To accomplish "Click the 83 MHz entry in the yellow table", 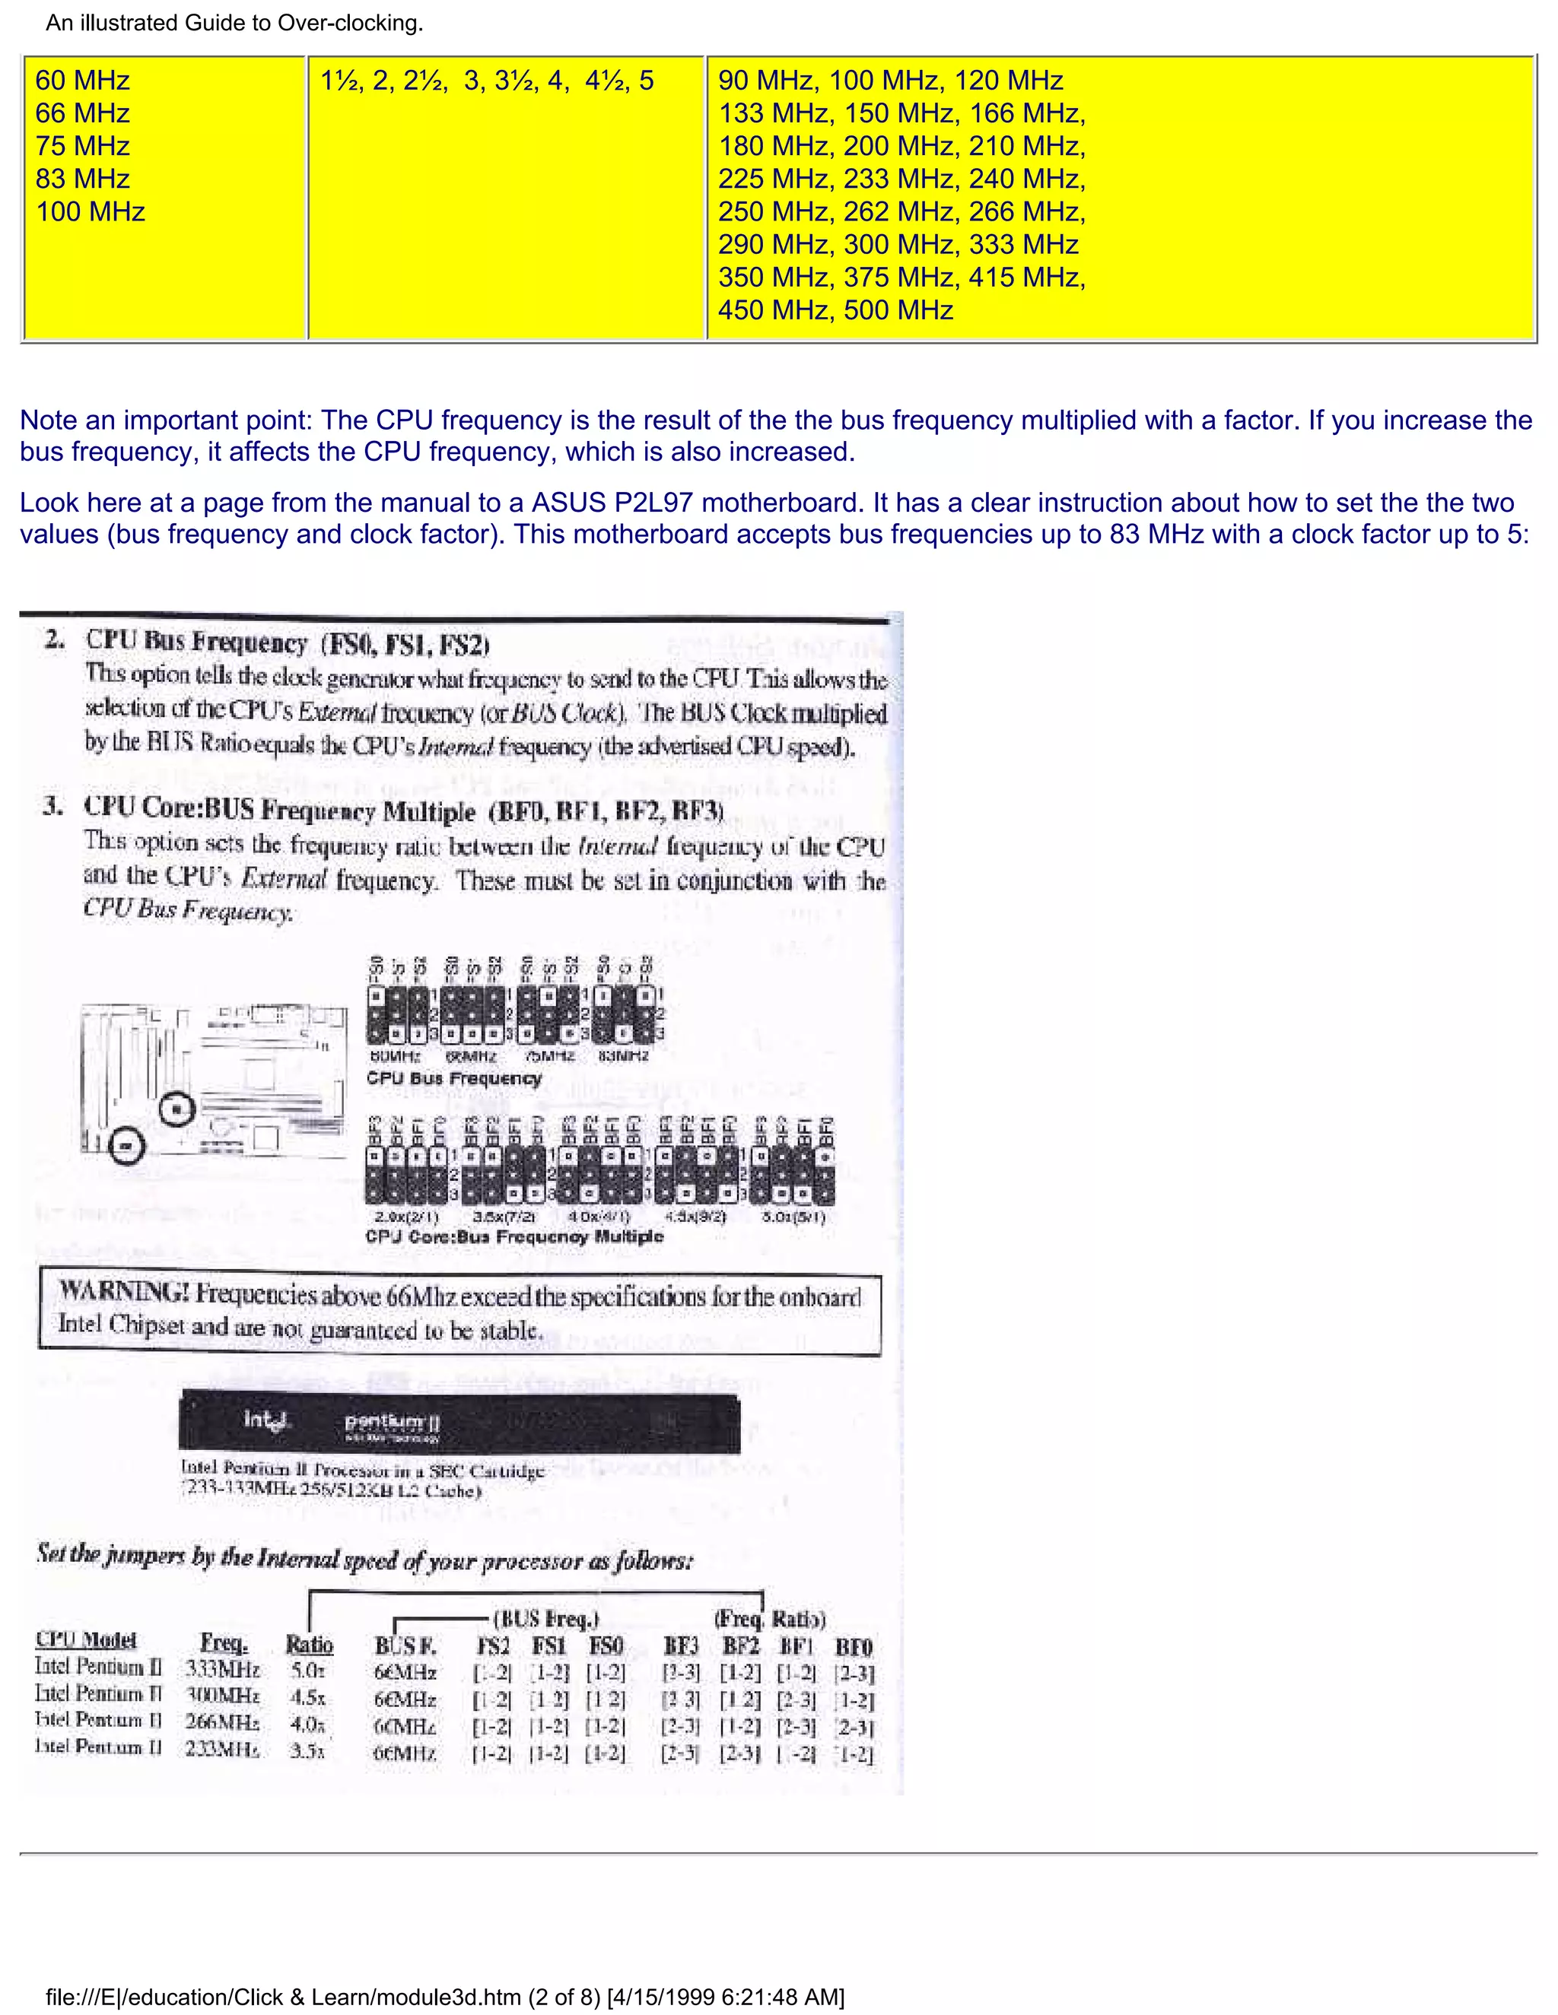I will [82, 179].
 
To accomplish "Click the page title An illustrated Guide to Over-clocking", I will [234, 23].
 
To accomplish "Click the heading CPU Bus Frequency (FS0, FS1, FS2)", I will [287, 643].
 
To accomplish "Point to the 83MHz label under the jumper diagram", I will [623, 1056].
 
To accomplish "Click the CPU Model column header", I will [86, 1639].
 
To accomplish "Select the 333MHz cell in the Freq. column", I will [222, 1669].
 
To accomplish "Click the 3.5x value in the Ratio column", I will [307, 1750].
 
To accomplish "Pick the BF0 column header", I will [853, 1648].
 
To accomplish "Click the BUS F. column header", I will [405, 1647].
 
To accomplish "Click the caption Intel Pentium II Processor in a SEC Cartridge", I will [362, 1469].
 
